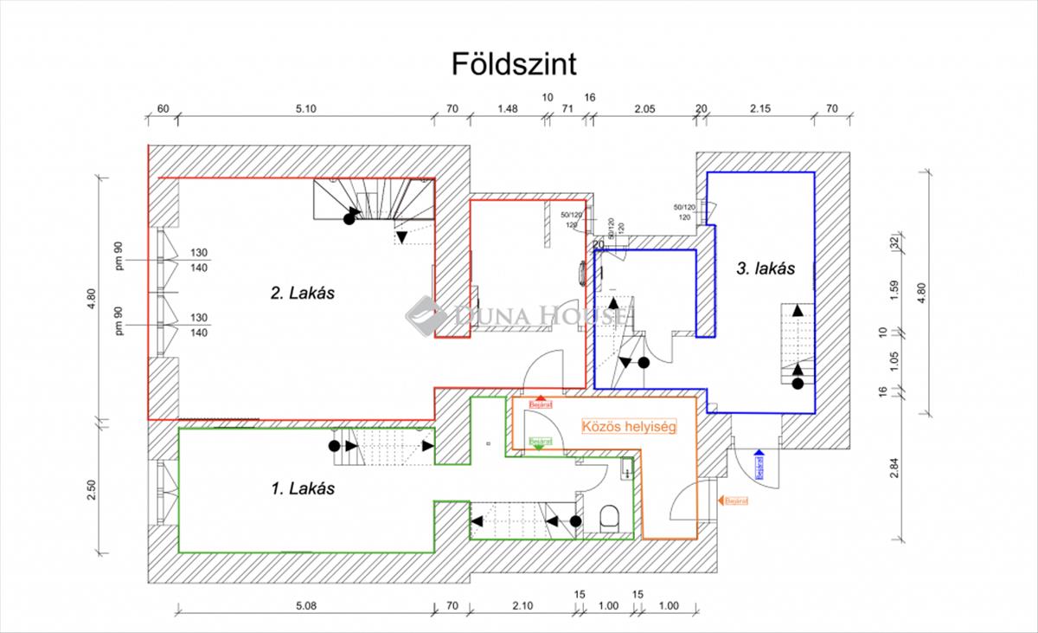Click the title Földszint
pyautogui.click(x=514, y=63)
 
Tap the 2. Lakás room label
pyautogui.click(x=303, y=293)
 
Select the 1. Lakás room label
pyautogui.click(x=303, y=488)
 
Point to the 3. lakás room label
pyautogui.click(x=766, y=268)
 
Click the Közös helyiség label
pyautogui.click(x=628, y=426)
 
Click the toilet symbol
pyautogui.click(x=611, y=520)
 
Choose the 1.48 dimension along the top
pyautogui.click(x=508, y=109)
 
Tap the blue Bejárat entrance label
pyautogui.click(x=759, y=465)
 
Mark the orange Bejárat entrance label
pyautogui.click(x=735, y=501)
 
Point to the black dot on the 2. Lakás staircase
pyautogui.click(x=349, y=219)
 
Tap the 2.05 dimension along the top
pyautogui.click(x=645, y=109)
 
